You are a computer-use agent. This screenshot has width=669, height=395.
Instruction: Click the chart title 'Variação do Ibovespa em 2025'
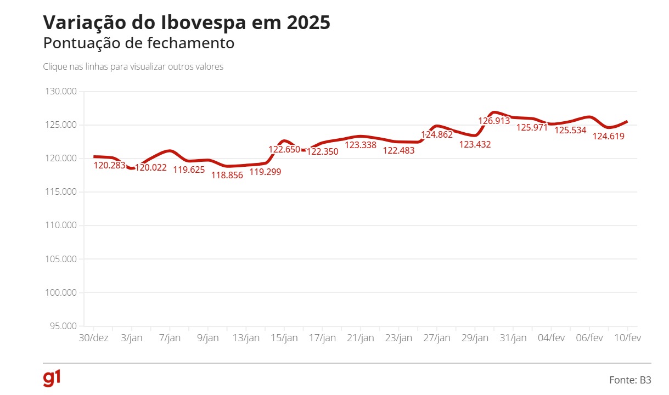(187, 22)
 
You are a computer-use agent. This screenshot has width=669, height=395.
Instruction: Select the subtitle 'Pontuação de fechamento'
(139, 43)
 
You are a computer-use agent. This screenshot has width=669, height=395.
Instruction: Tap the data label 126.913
(494, 121)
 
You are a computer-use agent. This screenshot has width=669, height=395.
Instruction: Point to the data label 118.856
(227, 176)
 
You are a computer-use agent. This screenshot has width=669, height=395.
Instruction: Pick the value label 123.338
(360, 145)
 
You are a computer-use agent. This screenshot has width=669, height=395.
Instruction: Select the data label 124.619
(609, 137)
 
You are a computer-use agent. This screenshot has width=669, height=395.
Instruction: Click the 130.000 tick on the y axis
(61, 92)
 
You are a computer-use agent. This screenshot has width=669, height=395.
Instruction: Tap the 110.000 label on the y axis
(61, 225)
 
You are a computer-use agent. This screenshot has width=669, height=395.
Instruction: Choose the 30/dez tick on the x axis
(93, 338)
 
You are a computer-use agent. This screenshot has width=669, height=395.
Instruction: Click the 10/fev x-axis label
(626, 338)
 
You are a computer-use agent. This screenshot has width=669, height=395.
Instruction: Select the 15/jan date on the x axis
(284, 338)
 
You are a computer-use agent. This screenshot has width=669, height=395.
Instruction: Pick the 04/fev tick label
(550, 338)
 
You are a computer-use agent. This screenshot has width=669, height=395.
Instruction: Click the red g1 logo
(52, 379)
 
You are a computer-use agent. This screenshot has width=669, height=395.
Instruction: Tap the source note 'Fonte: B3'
(630, 380)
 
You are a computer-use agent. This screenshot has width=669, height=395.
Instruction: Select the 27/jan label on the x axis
(437, 338)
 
